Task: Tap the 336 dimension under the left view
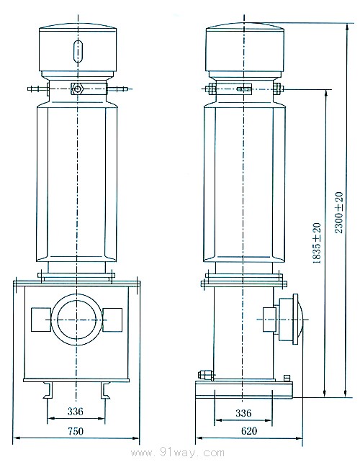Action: coord(76,411)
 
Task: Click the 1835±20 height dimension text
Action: coord(317,245)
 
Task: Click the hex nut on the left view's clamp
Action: coord(76,90)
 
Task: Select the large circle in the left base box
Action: coord(76,317)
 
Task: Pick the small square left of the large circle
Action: coord(40,317)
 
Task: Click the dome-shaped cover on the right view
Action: coord(297,317)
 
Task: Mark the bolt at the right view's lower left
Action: coord(204,374)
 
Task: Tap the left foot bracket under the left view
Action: coord(50,389)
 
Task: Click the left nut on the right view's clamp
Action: coord(210,90)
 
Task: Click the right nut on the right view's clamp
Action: coord(276,90)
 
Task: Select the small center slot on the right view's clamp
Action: coord(243,90)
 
